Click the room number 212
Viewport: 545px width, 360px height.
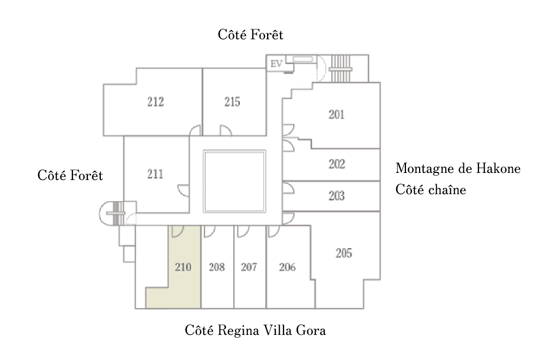coord(155,101)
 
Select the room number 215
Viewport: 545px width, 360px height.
coord(232,101)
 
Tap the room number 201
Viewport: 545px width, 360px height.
coord(337,115)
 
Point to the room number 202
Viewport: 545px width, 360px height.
coord(337,164)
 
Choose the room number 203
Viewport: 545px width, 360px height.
coord(337,196)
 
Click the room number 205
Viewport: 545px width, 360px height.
coord(344,253)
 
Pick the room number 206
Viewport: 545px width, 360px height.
coord(287,267)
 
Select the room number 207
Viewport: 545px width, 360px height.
coord(249,267)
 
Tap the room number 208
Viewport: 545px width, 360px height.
coord(217,267)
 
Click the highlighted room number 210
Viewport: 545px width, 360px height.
coord(183,267)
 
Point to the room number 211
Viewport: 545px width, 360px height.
coord(155,175)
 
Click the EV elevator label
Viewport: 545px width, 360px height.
coord(276,64)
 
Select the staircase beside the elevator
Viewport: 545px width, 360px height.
coord(341,68)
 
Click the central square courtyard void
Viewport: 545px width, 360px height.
coord(235,181)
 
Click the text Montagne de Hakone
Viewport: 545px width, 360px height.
coord(458,169)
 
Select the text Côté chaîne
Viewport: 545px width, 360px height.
coord(431,191)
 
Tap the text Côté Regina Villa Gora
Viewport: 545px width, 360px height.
coord(255,331)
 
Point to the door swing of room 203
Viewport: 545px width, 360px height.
coord(288,188)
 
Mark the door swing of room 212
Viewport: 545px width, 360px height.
coord(195,130)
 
